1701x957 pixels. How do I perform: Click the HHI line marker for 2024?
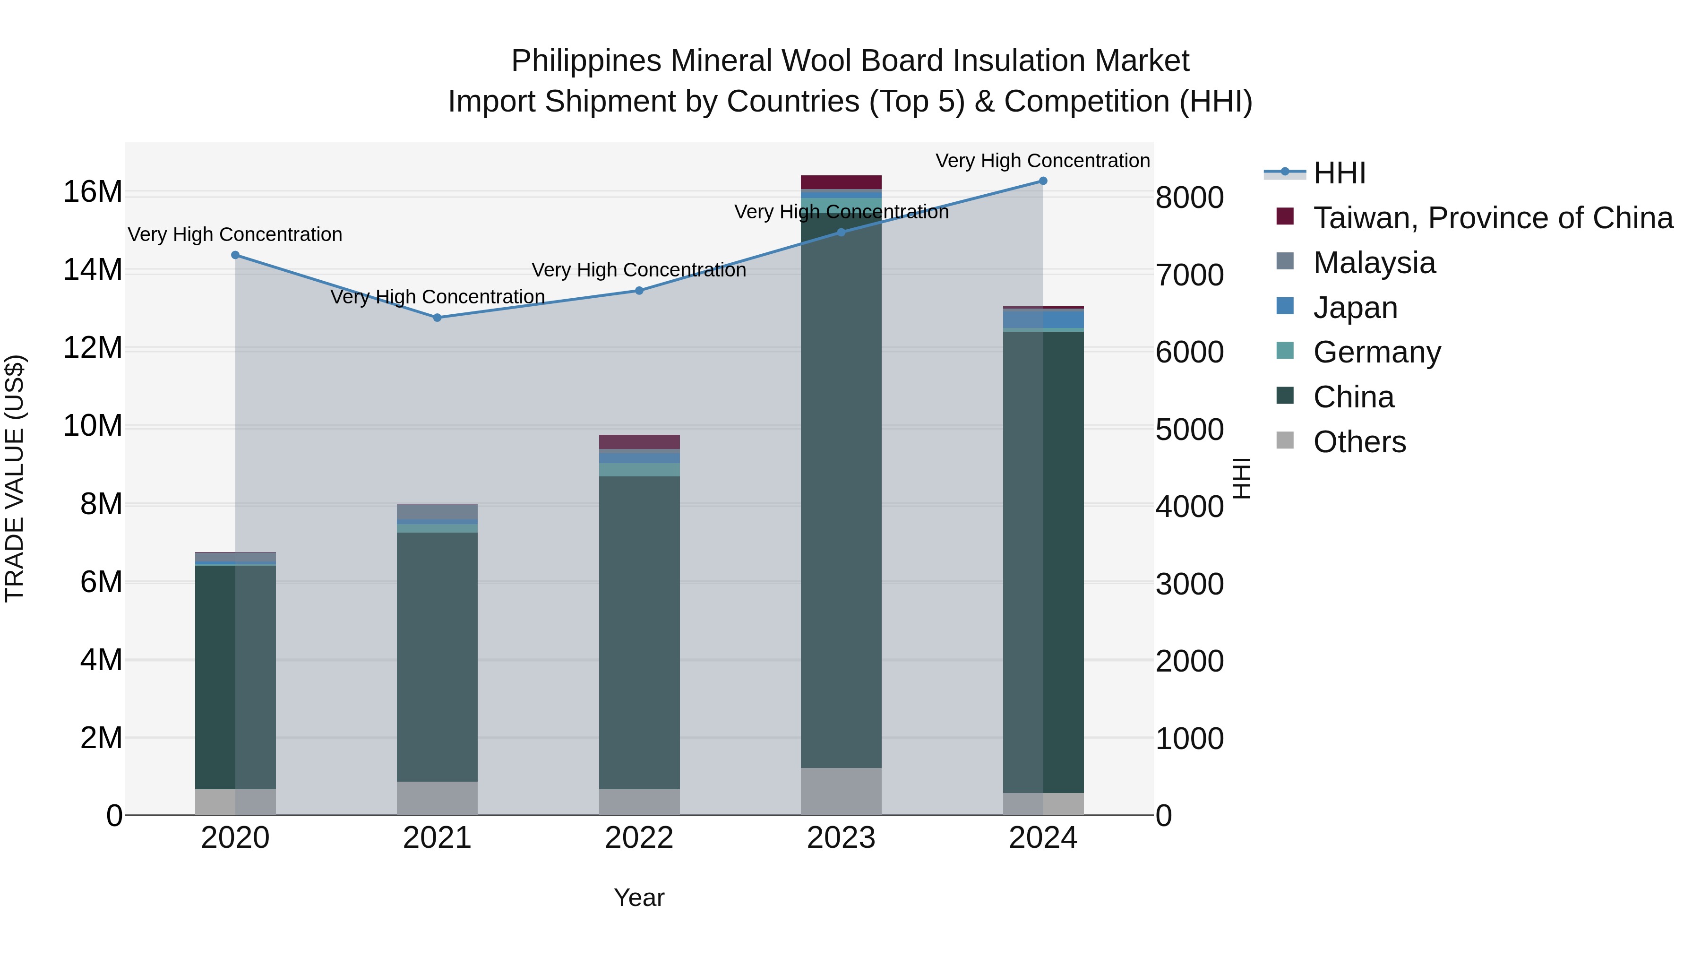pyautogui.click(x=1043, y=181)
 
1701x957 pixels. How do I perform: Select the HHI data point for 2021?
pyautogui.click(x=437, y=318)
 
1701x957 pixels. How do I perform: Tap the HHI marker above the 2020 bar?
pyautogui.click(x=235, y=255)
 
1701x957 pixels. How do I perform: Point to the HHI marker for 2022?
pyautogui.click(x=639, y=291)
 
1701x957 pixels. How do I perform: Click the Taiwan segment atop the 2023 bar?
pyautogui.click(x=841, y=182)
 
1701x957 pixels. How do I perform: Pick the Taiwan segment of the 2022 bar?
pyautogui.click(x=639, y=442)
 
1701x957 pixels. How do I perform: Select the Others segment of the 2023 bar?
pyautogui.click(x=841, y=791)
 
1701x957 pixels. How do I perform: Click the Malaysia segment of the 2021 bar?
pyautogui.click(x=437, y=512)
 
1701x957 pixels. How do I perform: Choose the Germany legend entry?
pyautogui.click(x=1377, y=352)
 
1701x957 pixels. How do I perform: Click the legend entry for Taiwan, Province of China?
pyautogui.click(x=1492, y=218)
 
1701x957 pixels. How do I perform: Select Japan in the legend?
pyautogui.click(x=1355, y=308)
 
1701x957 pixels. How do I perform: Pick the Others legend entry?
pyautogui.click(x=1359, y=442)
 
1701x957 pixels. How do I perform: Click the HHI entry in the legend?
pyautogui.click(x=1339, y=173)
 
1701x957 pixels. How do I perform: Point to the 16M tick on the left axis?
pyautogui.click(x=93, y=192)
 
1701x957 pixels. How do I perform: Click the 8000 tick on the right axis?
pyautogui.click(x=1189, y=198)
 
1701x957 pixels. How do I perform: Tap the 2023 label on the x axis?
pyautogui.click(x=841, y=838)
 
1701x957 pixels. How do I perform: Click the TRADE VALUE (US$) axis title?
pyautogui.click(x=15, y=478)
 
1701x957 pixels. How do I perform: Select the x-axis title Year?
pyautogui.click(x=638, y=897)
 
